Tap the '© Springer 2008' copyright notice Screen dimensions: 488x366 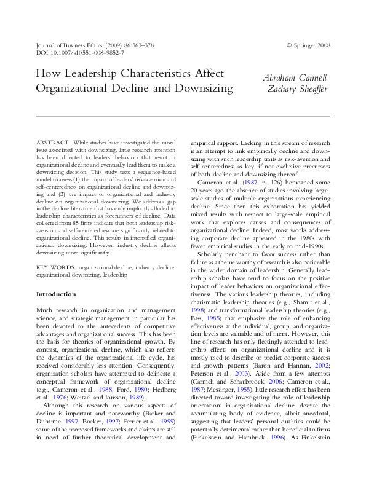tap(308, 45)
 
